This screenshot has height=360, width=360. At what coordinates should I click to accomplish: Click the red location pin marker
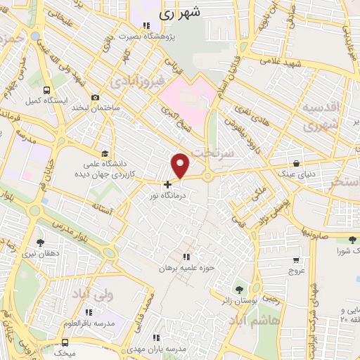coord(181,165)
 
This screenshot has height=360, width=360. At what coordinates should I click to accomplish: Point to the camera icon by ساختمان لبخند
coord(96,98)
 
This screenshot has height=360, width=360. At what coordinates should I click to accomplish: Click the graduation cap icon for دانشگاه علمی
coord(105,153)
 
